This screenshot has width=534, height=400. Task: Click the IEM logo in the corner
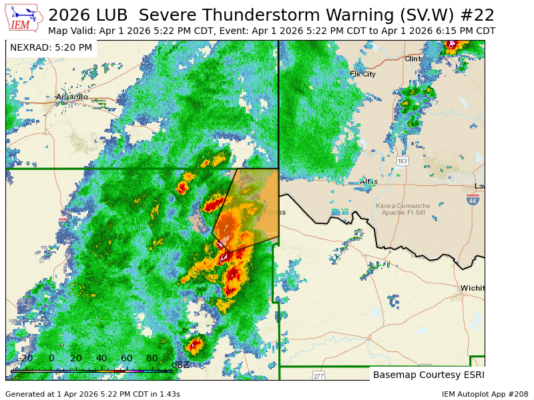[x=24, y=18]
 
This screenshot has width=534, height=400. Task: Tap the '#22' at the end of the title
[x=480, y=15]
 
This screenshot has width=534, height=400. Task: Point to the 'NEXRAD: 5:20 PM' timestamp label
[x=51, y=47]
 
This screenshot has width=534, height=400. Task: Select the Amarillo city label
[x=71, y=97]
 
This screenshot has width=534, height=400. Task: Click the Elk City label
[x=362, y=74]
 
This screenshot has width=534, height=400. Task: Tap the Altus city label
[x=368, y=181]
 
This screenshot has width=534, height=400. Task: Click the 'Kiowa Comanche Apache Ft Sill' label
[x=413, y=209]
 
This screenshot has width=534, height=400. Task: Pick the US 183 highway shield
[x=402, y=161]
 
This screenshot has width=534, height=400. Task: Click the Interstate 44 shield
[x=473, y=200]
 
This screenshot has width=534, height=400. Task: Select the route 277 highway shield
[x=318, y=376]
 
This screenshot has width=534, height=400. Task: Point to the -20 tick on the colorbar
[x=25, y=358]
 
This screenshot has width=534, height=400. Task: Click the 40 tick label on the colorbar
[x=101, y=358]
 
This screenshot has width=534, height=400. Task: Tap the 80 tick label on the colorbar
[x=152, y=358]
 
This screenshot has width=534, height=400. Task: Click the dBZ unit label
[x=180, y=365]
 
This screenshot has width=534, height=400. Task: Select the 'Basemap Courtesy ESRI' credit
[x=429, y=375]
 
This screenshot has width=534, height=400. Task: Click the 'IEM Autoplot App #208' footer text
[x=485, y=394]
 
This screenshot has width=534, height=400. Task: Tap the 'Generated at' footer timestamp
[x=92, y=394]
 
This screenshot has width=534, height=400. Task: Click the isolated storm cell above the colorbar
[x=194, y=345]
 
